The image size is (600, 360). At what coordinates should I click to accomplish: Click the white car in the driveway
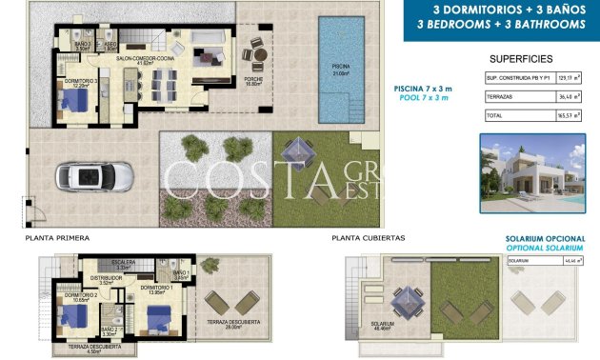[x=87, y=176]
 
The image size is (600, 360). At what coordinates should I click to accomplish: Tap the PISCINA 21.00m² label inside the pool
[x=339, y=70]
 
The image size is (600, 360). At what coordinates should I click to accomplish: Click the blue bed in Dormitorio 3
[x=78, y=106]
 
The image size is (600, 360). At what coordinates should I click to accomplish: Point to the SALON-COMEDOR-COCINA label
[x=141, y=59]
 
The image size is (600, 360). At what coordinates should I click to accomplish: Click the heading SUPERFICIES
[x=520, y=57]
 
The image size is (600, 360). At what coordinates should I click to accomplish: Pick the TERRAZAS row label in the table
[x=499, y=96]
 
